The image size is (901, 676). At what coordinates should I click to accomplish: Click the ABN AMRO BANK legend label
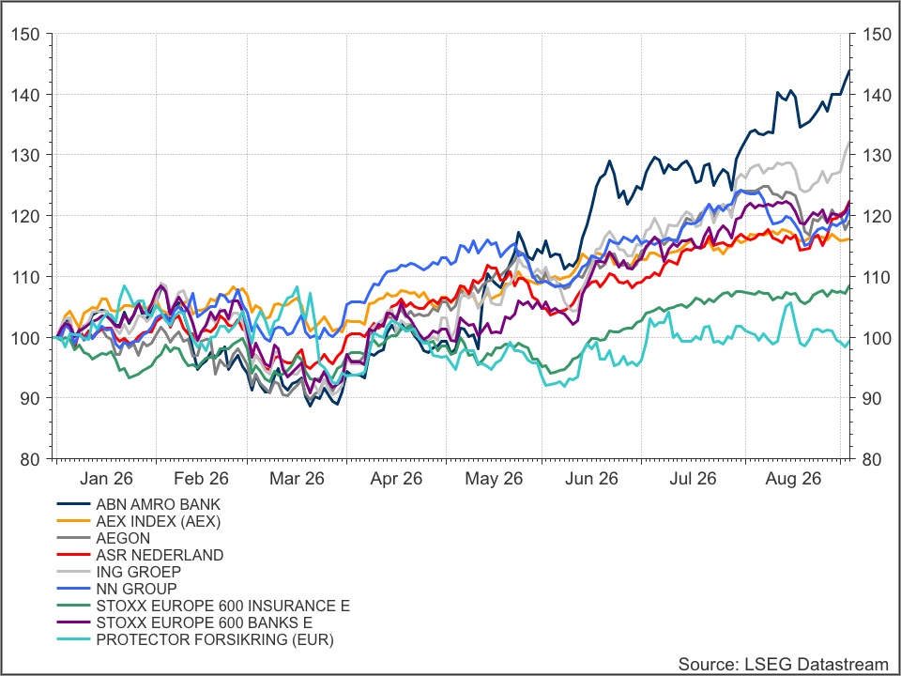pyautogui.click(x=158, y=505)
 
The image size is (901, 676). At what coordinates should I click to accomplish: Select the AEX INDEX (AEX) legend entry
pyautogui.click(x=158, y=521)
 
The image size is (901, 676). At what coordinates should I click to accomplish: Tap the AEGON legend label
pyautogui.click(x=123, y=538)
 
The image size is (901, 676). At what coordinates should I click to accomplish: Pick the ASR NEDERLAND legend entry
pyautogui.click(x=160, y=555)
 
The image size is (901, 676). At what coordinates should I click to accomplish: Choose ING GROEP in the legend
pyautogui.click(x=139, y=572)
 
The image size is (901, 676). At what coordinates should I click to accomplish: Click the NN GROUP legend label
pyautogui.click(x=136, y=589)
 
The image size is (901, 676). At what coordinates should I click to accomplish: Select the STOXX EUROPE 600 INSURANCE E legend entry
pyautogui.click(x=223, y=606)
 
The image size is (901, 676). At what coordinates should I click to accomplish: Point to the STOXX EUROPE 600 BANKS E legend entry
pyautogui.click(x=205, y=622)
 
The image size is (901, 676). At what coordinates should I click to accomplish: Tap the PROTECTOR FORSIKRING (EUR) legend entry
pyautogui.click(x=215, y=639)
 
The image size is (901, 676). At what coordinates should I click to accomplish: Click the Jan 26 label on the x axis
pyautogui.click(x=106, y=479)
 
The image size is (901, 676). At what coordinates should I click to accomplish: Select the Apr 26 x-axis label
pyautogui.click(x=396, y=479)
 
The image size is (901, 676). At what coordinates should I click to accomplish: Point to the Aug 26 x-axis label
pyautogui.click(x=793, y=479)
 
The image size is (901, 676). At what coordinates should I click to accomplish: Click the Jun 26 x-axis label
pyautogui.click(x=591, y=479)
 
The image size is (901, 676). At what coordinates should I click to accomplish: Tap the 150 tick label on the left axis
pyautogui.click(x=26, y=35)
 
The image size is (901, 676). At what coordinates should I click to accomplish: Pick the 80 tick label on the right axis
pyautogui.click(x=871, y=459)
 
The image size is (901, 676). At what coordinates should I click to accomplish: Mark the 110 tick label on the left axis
pyautogui.click(x=26, y=277)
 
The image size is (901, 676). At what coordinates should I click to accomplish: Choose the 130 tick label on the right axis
pyautogui.click(x=878, y=155)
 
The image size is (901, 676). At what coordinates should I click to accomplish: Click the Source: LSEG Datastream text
pyautogui.click(x=783, y=664)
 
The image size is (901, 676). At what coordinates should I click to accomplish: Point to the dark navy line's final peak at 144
pyautogui.click(x=849, y=70)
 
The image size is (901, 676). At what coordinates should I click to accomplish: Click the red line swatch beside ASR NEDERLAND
pyautogui.click(x=73, y=555)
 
